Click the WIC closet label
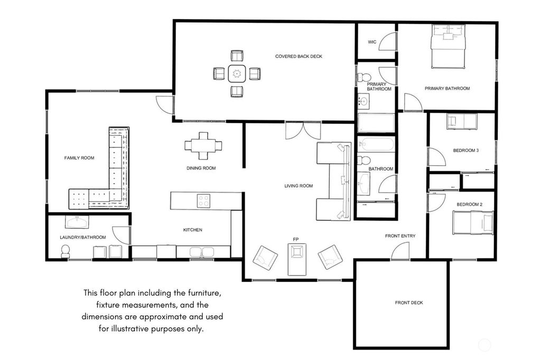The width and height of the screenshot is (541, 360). [372, 42]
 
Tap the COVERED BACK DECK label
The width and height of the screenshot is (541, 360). [299, 56]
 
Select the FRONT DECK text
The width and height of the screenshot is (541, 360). [409, 302]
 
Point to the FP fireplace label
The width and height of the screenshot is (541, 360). [296, 240]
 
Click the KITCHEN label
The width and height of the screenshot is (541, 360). [192, 230]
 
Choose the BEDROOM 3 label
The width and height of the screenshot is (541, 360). [465, 150]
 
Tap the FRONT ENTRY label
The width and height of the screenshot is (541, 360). [400, 235]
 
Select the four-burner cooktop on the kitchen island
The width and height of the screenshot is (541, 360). [203, 201]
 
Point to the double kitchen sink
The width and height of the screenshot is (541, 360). [202, 252]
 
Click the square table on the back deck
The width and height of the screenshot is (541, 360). [237, 73]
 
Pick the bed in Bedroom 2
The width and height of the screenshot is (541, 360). [473, 222]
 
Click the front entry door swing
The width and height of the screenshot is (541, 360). [400, 252]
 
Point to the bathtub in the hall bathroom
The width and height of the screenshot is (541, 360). [376, 144]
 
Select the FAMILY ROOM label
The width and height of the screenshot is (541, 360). [79, 158]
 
